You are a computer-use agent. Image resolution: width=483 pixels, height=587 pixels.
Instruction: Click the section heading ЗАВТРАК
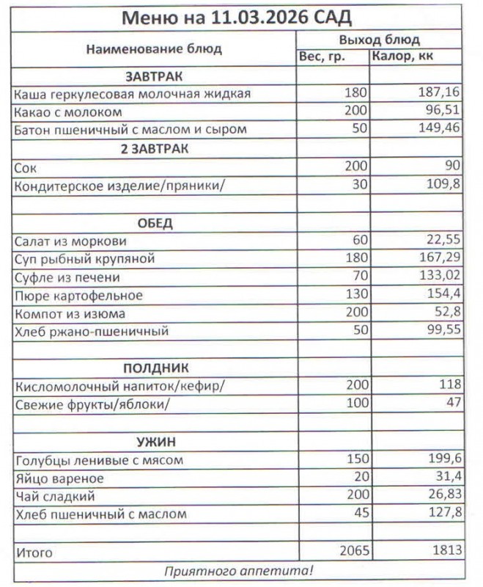tap(155, 76)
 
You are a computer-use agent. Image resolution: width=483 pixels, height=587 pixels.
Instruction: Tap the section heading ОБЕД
tap(155, 223)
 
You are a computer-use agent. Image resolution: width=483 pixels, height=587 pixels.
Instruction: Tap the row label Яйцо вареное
tap(59, 478)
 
